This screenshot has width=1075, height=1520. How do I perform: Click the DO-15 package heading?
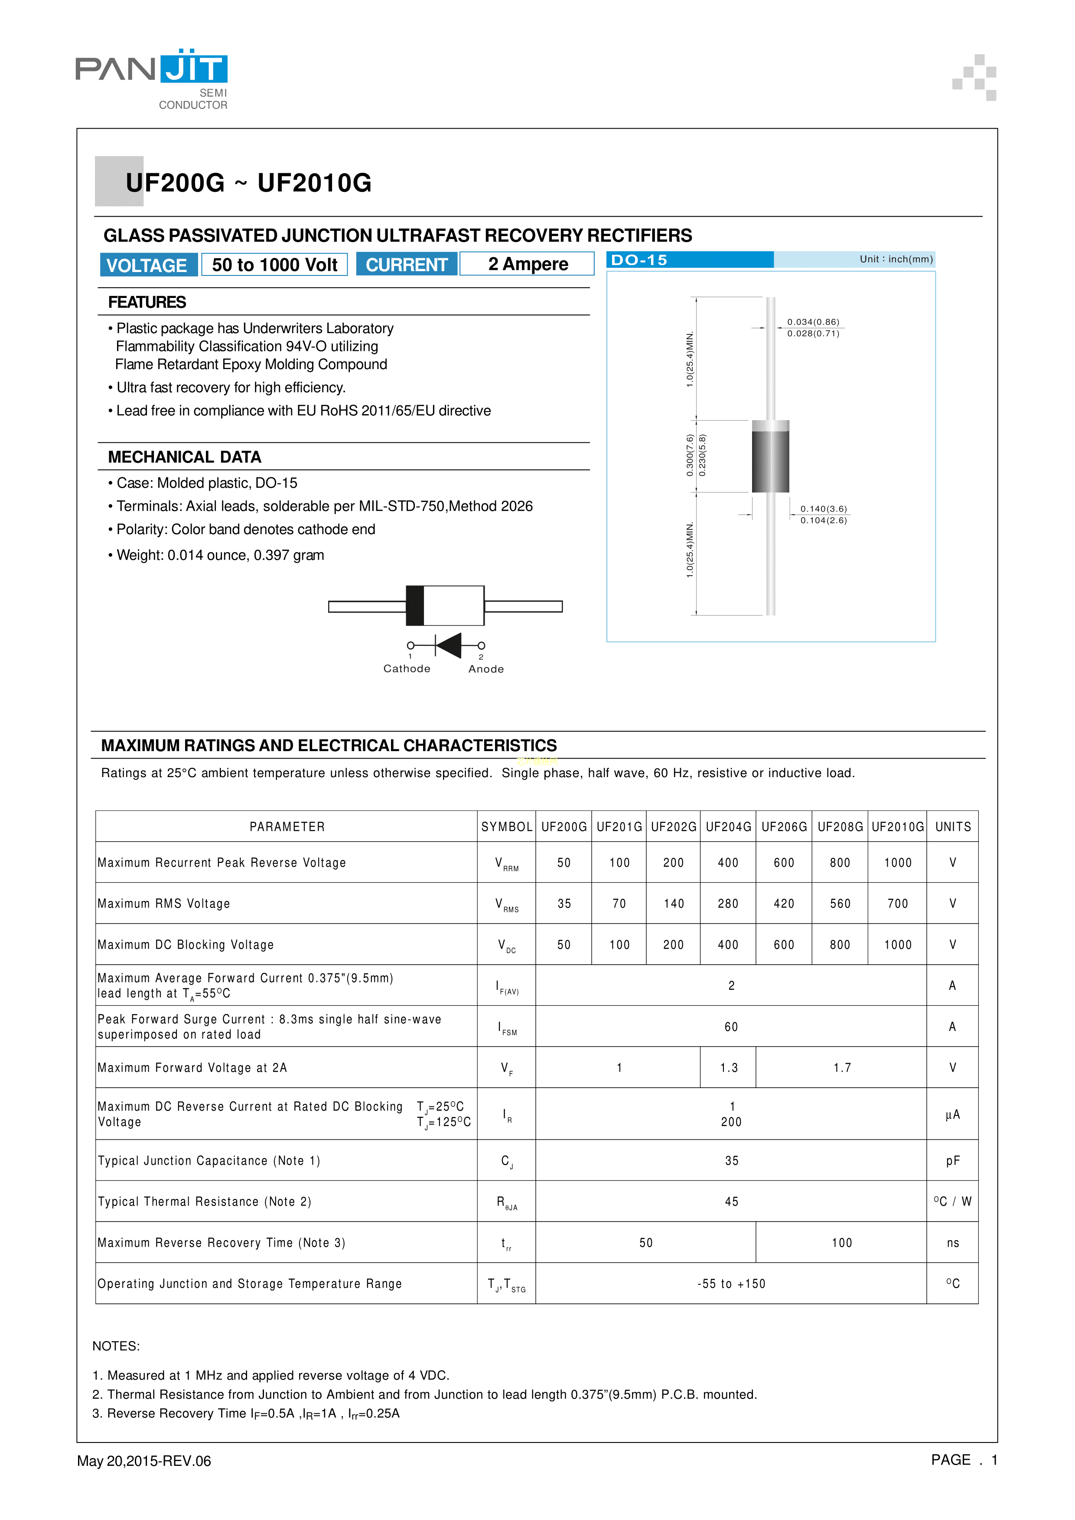click(639, 259)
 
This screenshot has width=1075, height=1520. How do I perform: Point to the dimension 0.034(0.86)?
click(813, 322)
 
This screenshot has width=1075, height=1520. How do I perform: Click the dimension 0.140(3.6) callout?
click(823, 509)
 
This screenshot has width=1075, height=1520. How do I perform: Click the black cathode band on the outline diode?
click(415, 605)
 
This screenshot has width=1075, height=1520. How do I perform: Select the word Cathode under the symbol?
click(407, 669)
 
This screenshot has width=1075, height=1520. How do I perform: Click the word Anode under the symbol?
click(486, 669)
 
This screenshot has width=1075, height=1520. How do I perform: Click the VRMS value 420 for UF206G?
click(784, 904)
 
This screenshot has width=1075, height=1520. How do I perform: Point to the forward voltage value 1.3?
click(729, 1068)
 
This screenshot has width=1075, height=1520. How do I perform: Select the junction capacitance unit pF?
click(952, 1160)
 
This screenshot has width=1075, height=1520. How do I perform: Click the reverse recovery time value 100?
click(841, 1243)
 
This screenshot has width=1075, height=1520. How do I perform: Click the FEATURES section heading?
click(147, 302)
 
